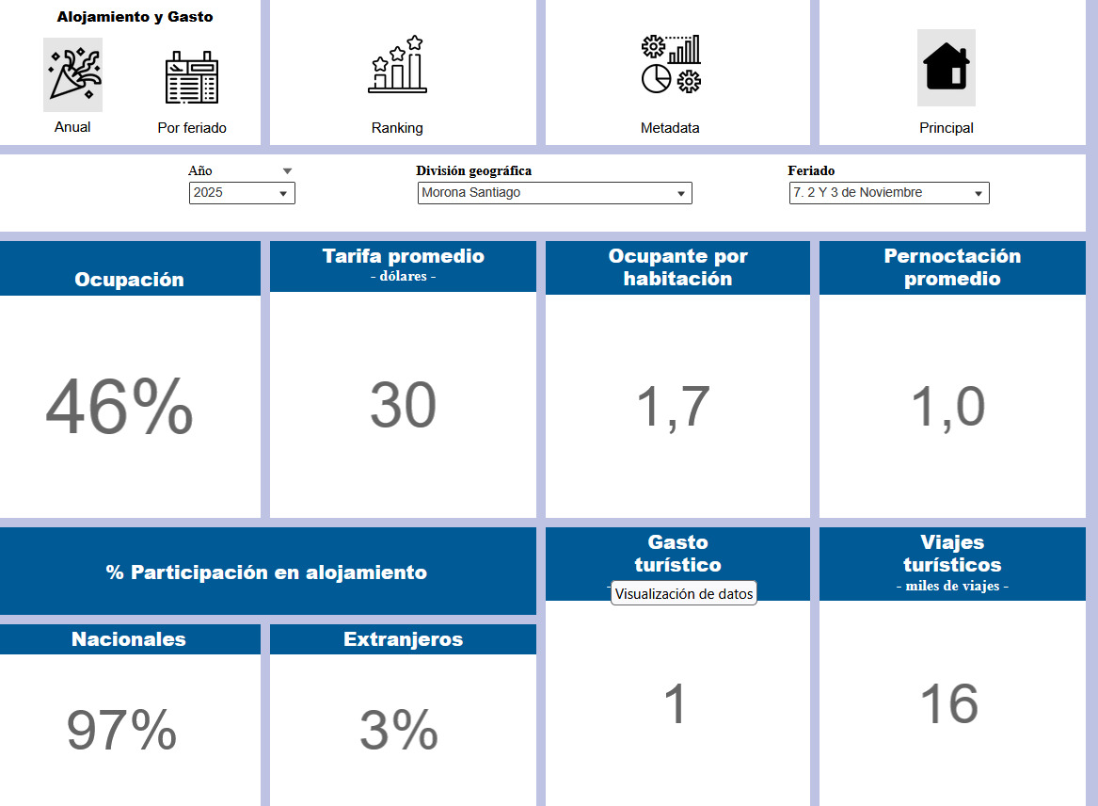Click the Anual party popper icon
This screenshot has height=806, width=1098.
72,75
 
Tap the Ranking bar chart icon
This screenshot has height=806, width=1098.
397,65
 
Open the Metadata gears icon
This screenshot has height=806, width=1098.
670,65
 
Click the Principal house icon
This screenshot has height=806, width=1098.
946,67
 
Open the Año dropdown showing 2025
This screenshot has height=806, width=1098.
242,193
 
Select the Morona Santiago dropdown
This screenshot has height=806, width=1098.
554,193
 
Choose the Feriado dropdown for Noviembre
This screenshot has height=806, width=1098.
888,193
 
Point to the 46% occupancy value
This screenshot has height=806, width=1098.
119,407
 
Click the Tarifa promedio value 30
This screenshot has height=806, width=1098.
403,406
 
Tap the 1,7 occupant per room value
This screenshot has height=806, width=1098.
674,407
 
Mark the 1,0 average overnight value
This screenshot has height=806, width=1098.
948,407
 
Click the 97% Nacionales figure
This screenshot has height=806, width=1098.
121,730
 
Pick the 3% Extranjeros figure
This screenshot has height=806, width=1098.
399,730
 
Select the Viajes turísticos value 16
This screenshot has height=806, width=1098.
949,704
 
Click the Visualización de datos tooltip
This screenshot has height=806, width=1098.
684,594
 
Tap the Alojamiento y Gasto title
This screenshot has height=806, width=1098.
135,17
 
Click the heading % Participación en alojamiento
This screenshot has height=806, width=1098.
266,572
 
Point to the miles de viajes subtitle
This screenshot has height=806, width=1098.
952,587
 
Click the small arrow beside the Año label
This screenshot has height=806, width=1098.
288,171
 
